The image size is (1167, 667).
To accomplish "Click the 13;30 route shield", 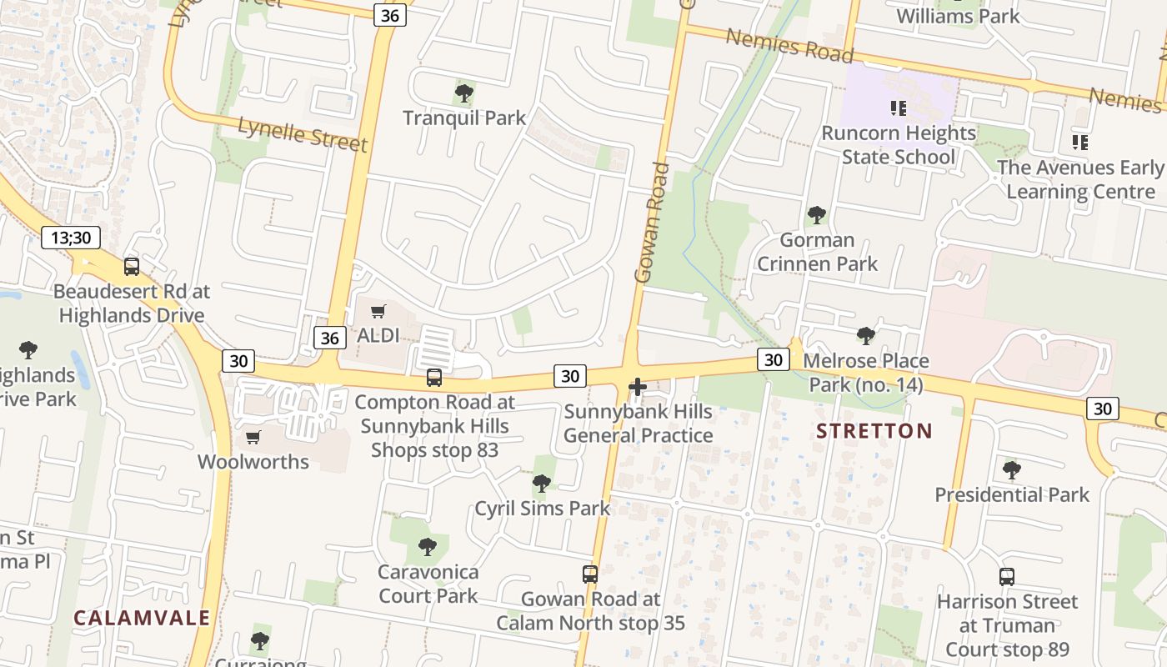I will point(71,238).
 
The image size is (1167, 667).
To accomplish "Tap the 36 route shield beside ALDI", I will point(330,337).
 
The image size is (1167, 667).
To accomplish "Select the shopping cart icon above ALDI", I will point(378,312).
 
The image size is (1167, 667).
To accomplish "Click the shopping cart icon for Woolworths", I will point(253,437).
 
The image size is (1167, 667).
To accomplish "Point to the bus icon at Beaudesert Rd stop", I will point(132,267).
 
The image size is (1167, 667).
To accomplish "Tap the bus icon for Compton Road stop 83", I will point(433,377).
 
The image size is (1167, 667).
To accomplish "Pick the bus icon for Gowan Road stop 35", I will point(590,574).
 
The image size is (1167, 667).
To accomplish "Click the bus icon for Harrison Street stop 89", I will point(1007,576).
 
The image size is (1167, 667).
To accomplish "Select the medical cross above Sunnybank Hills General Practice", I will point(638,387).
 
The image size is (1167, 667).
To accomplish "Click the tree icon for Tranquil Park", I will point(464,93).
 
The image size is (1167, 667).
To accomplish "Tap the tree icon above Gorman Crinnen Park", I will point(817,215).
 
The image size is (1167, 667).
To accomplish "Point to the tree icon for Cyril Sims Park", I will point(542,483).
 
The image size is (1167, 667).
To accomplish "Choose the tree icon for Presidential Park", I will point(1012,470).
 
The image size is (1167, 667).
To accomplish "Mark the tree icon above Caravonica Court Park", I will point(428,547).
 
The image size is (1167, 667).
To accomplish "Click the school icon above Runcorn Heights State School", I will point(898,108).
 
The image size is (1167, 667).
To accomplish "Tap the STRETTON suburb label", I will point(874,431).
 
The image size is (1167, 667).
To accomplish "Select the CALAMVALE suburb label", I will point(142,618).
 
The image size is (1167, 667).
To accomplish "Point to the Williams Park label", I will point(958,16).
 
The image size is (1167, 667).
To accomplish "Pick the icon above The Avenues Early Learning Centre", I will point(1080,143).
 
